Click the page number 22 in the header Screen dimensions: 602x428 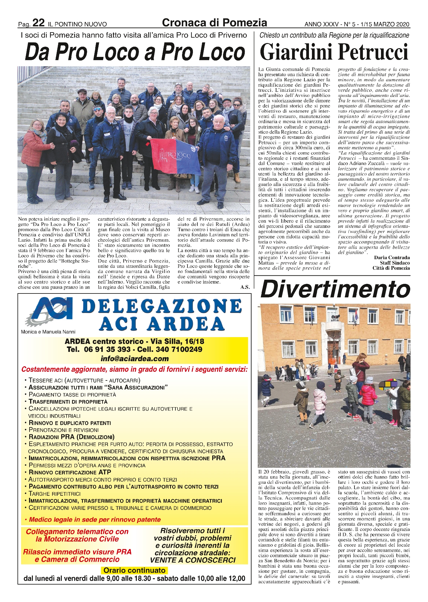point(39,23)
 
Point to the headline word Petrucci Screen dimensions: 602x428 point(373,52)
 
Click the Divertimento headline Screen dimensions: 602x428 point(335,289)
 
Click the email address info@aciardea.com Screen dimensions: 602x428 point(134,358)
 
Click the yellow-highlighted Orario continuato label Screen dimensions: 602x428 point(134,570)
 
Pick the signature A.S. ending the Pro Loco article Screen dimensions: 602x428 point(245,287)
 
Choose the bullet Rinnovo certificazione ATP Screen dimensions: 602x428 point(70,472)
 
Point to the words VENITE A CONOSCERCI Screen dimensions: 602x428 point(193,560)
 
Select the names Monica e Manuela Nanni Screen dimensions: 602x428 point(48,332)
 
